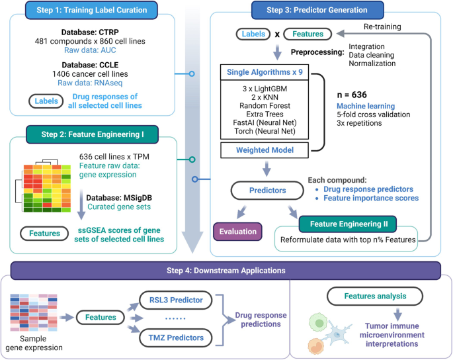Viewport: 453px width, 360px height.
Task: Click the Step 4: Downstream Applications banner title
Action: point(226,271)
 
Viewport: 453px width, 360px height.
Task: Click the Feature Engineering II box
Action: point(347,222)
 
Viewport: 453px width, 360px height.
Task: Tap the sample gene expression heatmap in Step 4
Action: point(31,312)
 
